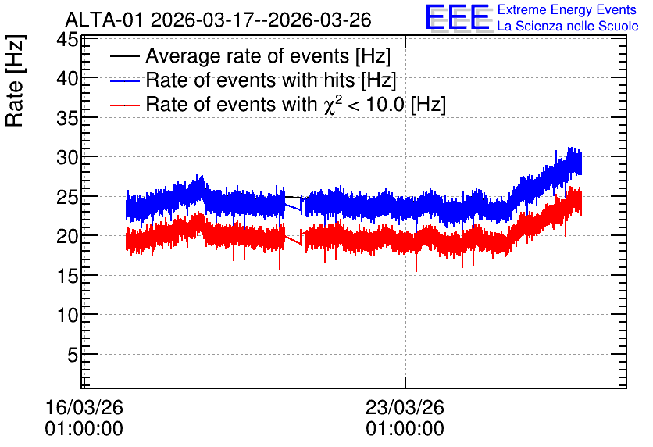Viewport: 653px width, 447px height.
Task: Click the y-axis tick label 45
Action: pos(67,41)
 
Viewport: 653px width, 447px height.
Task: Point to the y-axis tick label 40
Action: pos(67,78)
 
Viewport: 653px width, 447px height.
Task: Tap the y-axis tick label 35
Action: pos(67,118)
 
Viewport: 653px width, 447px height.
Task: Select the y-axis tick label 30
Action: pos(67,158)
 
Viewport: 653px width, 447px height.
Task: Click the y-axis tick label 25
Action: pos(67,197)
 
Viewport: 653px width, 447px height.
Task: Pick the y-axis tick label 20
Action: pos(67,236)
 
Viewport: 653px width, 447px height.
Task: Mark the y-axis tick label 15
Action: pos(67,276)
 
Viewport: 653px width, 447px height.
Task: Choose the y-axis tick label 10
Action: pos(67,315)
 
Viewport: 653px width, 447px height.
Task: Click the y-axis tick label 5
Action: pos(73,355)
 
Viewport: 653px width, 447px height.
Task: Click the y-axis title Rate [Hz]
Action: pos(15,80)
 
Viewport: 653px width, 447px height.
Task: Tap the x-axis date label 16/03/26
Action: pos(84,407)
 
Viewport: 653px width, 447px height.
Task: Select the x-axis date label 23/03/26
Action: pos(405,407)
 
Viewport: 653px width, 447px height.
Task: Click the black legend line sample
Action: pos(124,56)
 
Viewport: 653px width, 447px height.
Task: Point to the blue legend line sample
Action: pos(124,80)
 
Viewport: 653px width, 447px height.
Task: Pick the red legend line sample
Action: pos(124,105)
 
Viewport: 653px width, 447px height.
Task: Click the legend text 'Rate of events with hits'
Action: pos(250,80)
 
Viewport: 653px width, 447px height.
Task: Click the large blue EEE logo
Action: pos(458,17)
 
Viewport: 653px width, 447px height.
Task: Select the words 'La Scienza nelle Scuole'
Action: pos(568,26)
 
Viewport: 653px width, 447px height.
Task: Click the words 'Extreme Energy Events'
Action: pos(567,9)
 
